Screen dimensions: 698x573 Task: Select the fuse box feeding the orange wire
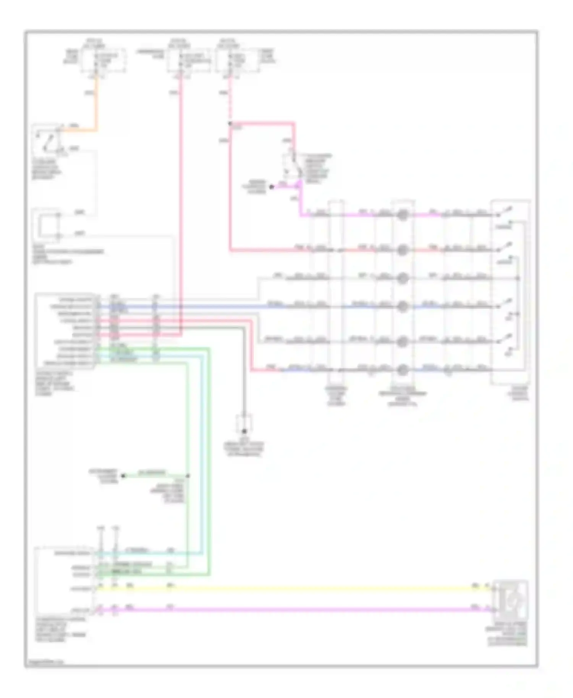103,60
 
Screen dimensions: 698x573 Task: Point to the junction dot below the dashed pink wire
230,124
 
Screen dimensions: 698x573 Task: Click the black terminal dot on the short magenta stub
272,187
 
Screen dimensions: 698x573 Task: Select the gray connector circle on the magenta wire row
402,215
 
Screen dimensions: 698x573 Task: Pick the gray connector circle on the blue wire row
402,306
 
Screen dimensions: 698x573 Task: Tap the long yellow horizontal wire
290,588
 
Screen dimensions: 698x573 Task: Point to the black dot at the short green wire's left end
123,476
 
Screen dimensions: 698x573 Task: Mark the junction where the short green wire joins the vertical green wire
188,476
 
